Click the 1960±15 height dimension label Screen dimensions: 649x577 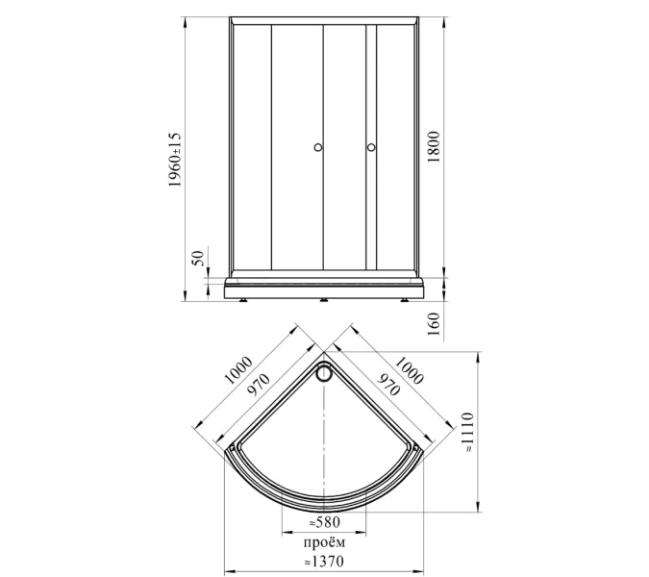175,160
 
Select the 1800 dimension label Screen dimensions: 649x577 434,147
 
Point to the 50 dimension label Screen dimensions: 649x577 199,259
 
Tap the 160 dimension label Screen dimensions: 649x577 434,324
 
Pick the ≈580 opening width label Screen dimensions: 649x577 325,522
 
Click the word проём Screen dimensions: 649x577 325,542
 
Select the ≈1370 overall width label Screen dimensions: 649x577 324,562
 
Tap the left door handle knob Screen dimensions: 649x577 318,147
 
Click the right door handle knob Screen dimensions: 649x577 371,147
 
